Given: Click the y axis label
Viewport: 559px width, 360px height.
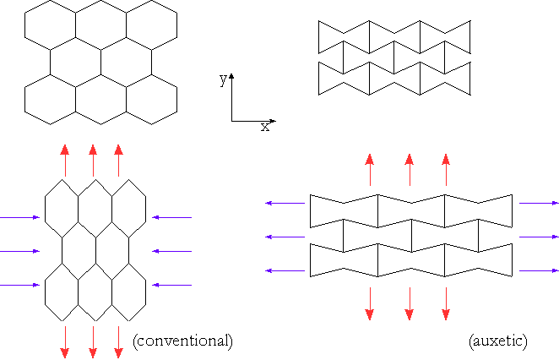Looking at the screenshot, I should coord(223,79).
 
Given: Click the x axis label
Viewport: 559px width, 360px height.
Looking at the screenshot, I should coord(264,127).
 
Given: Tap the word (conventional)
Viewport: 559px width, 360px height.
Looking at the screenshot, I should coord(182,341).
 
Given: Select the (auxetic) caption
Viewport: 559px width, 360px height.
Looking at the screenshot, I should coord(497,341).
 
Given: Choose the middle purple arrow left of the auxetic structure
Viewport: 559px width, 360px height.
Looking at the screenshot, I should coord(285,237).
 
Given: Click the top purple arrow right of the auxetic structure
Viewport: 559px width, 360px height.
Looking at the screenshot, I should coord(538,203).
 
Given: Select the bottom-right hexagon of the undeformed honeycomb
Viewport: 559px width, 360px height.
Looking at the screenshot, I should coord(152,96).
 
